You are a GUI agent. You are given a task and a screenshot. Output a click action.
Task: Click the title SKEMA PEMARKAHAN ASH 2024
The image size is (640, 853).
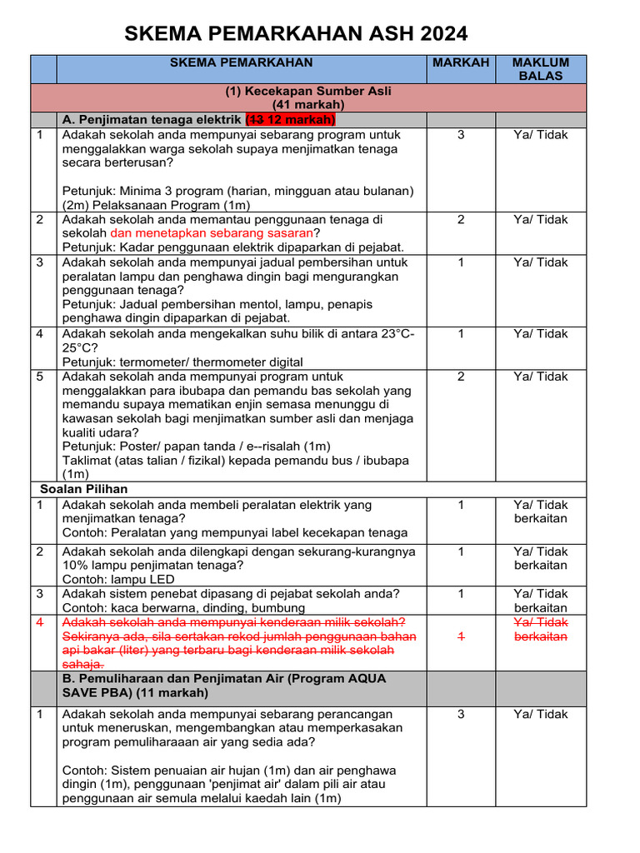(x=296, y=34)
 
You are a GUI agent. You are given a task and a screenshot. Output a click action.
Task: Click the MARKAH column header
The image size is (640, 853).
(x=461, y=62)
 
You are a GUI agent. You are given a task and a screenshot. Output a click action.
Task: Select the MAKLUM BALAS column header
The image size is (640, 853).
(x=541, y=69)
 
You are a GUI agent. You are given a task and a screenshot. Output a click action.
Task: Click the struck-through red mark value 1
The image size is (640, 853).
(x=461, y=637)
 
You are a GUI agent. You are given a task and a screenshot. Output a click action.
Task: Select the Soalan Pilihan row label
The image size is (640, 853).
(x=83, y=489)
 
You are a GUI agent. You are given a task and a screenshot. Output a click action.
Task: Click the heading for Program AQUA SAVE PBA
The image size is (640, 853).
(x=224, y=686)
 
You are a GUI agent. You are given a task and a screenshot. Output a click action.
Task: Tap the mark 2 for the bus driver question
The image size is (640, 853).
(x=461, y=377)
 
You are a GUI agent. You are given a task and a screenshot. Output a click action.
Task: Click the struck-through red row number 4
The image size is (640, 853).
(x=40, y=622)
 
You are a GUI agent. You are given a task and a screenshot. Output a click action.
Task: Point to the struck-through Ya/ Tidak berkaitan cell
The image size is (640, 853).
(x=541, y=630)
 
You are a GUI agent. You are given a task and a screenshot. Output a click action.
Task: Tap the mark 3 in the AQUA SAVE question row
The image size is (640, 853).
(x=461, y=715)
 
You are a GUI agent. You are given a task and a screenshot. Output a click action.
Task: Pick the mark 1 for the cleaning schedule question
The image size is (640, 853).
(x=461, y=262)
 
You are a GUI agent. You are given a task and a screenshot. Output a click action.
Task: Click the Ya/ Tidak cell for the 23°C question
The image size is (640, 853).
(x=541, y=334)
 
